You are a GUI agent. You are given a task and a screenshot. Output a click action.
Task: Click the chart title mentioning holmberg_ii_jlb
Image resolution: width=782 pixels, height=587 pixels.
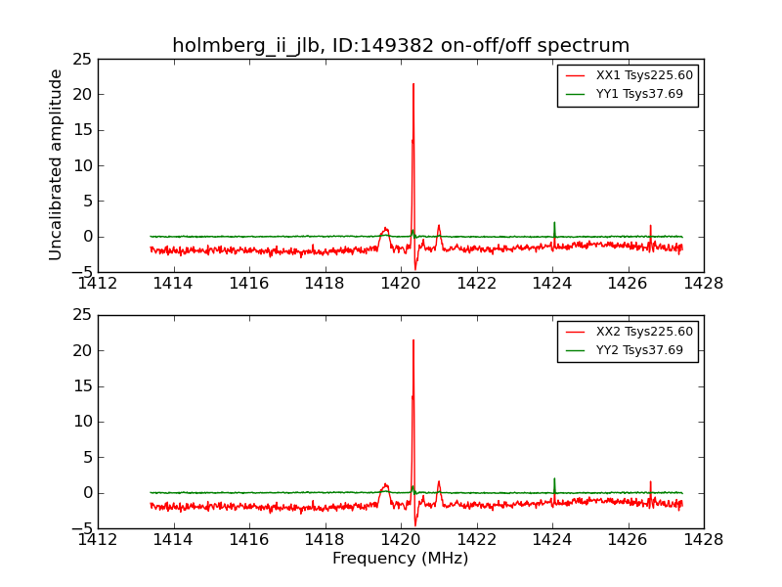click(x=401, y=46)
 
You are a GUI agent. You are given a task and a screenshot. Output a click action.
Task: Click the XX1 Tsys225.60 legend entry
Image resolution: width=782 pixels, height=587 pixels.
click(x=644, y=75)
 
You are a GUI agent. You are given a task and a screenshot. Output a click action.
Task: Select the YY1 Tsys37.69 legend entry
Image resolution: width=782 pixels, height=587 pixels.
click(x=639, y=95)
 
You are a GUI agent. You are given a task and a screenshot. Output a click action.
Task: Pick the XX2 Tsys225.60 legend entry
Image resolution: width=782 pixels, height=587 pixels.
click(x=644, y=332)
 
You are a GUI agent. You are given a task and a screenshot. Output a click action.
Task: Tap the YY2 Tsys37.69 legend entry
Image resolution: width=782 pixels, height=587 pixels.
click(x=639, y=350)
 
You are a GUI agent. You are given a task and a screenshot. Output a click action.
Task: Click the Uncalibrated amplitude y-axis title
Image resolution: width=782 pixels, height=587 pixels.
click(x=57, y=164)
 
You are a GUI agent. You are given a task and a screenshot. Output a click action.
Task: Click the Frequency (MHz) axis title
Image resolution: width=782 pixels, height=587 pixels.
click(x=401, y=559)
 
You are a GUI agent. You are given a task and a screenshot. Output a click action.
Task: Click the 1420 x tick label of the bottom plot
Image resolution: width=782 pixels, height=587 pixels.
click(x=401, y=539)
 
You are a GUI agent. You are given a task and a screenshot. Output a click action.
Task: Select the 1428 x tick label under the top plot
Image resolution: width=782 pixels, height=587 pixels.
click(x=703, y=283)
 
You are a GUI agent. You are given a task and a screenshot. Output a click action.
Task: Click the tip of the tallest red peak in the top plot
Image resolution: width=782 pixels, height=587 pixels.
click(x=413, y=84)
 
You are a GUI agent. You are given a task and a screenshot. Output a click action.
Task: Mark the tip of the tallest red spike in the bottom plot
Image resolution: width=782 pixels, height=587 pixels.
click(x=413, y=340)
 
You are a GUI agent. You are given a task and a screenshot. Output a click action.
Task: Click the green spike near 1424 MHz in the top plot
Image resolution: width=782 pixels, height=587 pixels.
click(x=554, y=223)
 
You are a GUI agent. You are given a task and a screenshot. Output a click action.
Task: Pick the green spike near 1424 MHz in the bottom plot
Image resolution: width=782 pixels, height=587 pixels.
click(x=554, y=479)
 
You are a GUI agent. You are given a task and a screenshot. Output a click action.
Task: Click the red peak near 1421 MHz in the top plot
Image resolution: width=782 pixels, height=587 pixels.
click(x=439, y=226)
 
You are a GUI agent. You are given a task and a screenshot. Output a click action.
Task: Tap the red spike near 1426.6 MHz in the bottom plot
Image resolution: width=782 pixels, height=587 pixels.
click(x=650, y=482)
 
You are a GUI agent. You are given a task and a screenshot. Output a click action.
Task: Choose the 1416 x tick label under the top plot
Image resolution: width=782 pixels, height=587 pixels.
click(x=249, y=283)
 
